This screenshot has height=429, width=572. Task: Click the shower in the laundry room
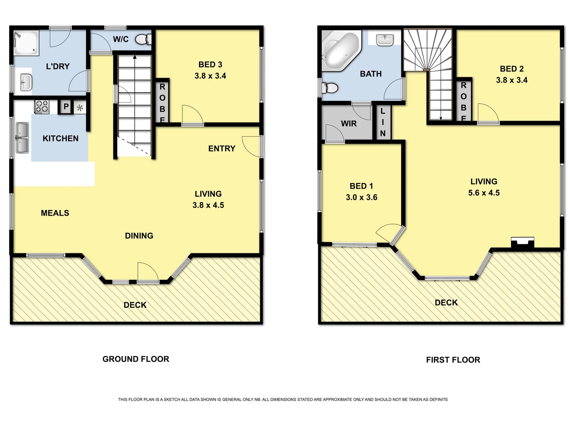[27, 43]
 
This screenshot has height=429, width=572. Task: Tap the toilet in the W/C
[143, 39]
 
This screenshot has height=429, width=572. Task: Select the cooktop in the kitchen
[42, 106]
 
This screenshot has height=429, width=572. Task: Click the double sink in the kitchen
[22, 138]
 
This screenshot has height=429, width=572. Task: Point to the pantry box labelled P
[66, 107]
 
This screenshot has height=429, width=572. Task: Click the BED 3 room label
[210, 65]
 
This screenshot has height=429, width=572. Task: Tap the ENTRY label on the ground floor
[222, 149]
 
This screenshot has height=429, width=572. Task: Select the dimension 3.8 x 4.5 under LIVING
[208, 205]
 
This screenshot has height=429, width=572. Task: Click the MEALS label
[55, 213]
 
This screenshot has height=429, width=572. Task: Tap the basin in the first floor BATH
[384, 40]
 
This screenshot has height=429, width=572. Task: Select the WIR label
[349, 124]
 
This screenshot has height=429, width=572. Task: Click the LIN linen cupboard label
[383, 122]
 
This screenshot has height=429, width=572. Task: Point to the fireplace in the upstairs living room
[522, 243]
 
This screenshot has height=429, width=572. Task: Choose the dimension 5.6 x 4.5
[484, 193]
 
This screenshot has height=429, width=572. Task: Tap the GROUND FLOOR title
[136, 359]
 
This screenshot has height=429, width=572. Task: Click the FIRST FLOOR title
[453, 360]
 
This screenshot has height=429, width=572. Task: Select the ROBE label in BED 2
[464, 101]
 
